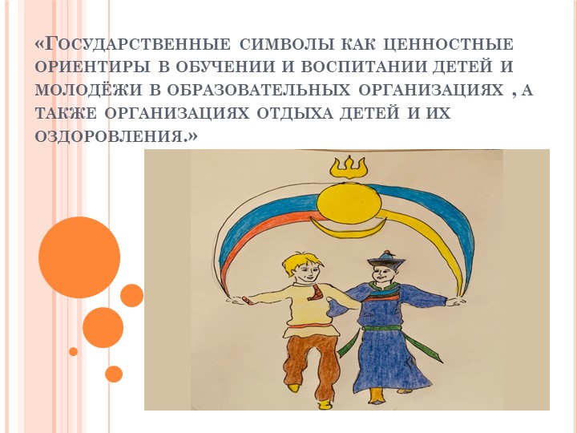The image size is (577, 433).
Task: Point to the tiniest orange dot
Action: (73, 351)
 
